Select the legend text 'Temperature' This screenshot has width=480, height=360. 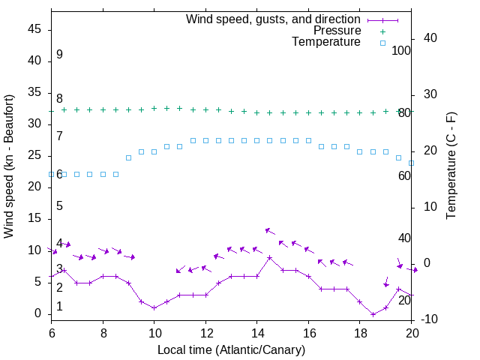(326, 42)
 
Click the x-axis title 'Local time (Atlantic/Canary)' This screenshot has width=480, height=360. (231, 349)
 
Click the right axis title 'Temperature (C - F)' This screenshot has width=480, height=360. (451, 166)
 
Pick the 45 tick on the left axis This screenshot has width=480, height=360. (34, 30)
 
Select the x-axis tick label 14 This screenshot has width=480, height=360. (257, 332)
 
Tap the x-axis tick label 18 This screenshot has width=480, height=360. (360, 332)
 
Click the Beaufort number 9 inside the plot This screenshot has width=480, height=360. (59, 55)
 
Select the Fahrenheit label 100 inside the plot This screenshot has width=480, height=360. (401, 51)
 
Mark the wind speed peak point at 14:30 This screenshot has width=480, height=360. (270, 257)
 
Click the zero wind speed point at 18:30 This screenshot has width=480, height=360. (373, 314)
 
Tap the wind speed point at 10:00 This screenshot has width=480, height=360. (154, 308)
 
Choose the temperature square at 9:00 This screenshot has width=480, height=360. (128, 157)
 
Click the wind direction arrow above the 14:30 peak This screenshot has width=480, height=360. (270, 231)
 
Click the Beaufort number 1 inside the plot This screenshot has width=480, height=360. (59, 307)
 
